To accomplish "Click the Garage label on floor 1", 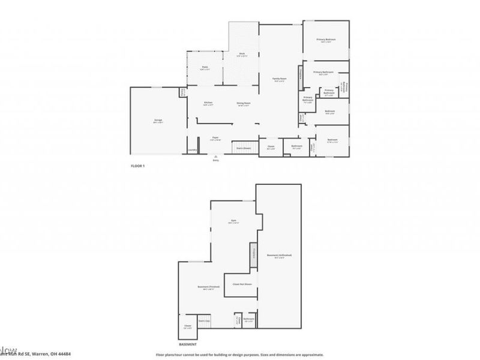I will (x=158, y=120).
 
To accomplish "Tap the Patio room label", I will (x=205, y=68).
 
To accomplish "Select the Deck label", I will (x=242, y=55).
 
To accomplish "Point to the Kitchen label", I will (x=208, y=103).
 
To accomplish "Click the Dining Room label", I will (x=243, y=103).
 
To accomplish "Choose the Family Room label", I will (x=278, y=79).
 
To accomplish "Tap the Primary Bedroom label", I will (x=326, y=40).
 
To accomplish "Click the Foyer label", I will (x=215, y=138).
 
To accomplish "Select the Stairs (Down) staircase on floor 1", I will (x=243, y=148).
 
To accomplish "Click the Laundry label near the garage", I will (x=192, y=149).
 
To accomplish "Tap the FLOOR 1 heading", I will (x=138, y=166).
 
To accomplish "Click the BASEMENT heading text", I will (x=188, y=345).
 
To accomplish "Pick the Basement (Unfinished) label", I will (x=280, y=256).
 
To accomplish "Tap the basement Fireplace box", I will (x=253, y=253).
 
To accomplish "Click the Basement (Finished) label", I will (x=208, y=287).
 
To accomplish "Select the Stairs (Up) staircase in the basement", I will (x=205, y=321).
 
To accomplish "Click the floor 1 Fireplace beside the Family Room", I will (x=299, y=76).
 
